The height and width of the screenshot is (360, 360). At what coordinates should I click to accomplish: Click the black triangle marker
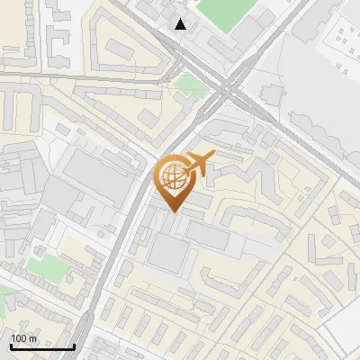(181, 24)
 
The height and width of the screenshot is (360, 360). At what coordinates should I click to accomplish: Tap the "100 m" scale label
(23, 337)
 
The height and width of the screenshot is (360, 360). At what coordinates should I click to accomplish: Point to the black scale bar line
(42, 346)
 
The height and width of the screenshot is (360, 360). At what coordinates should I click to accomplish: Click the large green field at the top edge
(225, 11)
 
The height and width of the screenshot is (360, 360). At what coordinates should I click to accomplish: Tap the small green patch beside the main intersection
(190, 84)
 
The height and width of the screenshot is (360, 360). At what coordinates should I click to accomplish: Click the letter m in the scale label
(31, 337)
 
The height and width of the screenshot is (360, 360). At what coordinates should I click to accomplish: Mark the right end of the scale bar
(74, 346)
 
